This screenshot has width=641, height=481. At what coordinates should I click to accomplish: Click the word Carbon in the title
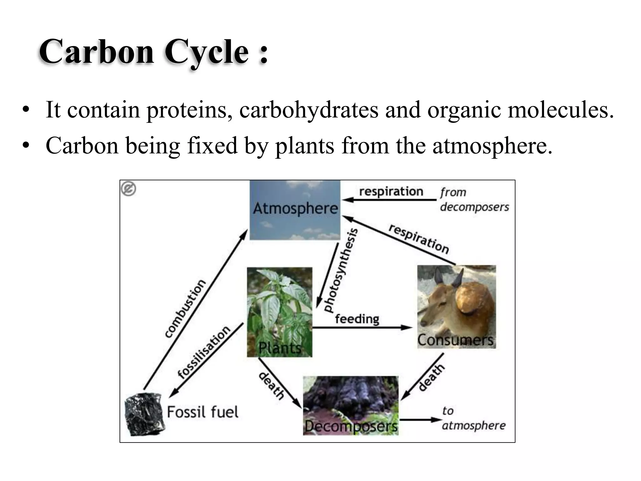click(96, 52)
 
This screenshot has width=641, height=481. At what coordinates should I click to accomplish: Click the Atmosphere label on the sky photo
click(295, 208)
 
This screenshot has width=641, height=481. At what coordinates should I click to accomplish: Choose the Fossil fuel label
click(203, 412)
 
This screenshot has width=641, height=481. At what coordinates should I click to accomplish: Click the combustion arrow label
click(185, 308)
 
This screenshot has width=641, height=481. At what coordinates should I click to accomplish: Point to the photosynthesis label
click(341, 270)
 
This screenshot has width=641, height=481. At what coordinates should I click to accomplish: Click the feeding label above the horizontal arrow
click(357, 319)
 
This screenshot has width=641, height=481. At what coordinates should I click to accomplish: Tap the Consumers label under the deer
click(455, 340)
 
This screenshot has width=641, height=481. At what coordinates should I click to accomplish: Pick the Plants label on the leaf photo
click(280, 348)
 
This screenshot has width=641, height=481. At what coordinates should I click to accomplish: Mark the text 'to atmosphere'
click(473, 418)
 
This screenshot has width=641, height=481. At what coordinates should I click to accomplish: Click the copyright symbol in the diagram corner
click(128, 189)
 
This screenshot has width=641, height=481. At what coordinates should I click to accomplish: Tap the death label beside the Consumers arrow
click(431, 377)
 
